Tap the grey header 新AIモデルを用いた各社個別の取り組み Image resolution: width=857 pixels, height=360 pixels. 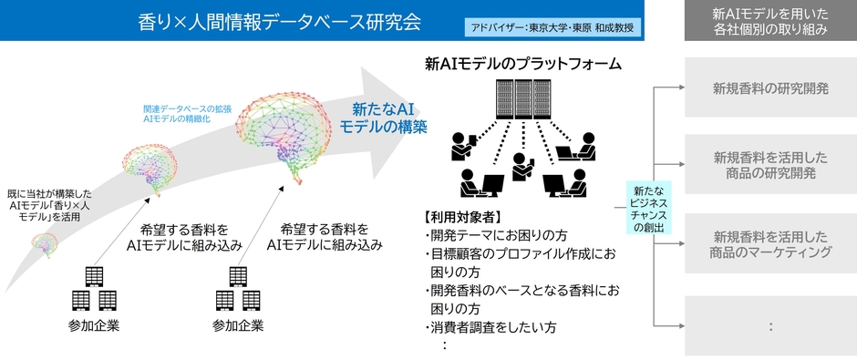770,20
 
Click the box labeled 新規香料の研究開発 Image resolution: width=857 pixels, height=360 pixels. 770,88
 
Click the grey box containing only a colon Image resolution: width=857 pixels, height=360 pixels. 770,324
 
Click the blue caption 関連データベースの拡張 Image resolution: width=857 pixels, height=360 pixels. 174,108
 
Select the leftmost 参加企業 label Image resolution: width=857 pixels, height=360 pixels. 94,325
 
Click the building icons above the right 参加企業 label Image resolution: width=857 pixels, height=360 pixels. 238,289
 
